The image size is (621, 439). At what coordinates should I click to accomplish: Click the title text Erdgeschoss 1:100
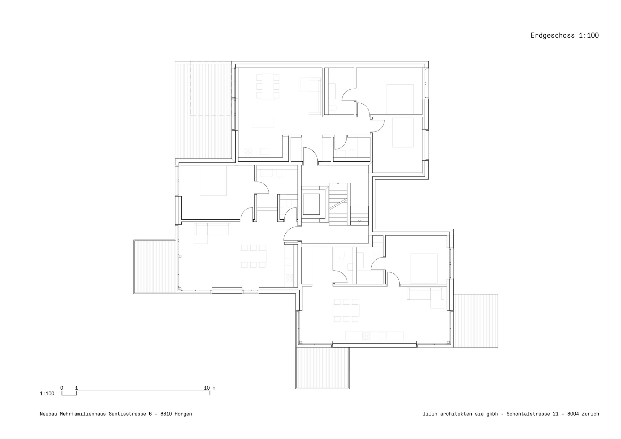tap(564, 36)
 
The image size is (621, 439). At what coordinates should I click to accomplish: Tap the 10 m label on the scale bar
tap(210, 388)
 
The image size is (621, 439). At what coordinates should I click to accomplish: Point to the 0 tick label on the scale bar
tap(62, 388)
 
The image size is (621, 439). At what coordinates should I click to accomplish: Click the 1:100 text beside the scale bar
tap(47, 394)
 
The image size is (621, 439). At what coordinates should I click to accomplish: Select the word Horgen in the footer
tap(183, 414)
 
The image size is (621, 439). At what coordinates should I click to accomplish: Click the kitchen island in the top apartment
tap(263, 122)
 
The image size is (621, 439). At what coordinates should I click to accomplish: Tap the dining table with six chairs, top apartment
tap(268, 87)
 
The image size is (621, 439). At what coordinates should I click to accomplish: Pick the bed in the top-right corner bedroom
tap(400, 99)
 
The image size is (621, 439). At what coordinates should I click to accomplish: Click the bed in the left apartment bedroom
tap(213, 181)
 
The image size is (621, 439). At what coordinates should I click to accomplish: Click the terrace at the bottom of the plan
tap(323, 367)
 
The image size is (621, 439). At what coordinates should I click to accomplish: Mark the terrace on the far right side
tap(475, 320)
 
